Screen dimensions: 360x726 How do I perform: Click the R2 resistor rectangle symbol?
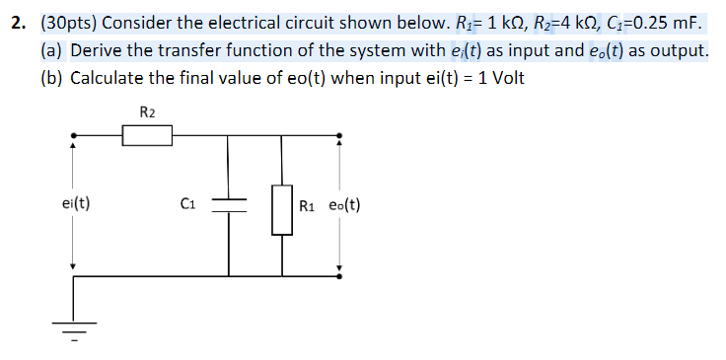(x=148, y=135)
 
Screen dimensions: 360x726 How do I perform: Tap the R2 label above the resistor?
(x=148, y=111)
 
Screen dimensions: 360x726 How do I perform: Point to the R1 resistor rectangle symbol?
(x=283, y=206)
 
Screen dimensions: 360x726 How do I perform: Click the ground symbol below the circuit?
(x=75, y=333)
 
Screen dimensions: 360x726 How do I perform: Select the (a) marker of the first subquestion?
(x=53, y=51)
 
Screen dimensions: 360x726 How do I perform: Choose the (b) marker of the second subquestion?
(x=53, y=79)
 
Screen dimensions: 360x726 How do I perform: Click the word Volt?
(x=507, y=79)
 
